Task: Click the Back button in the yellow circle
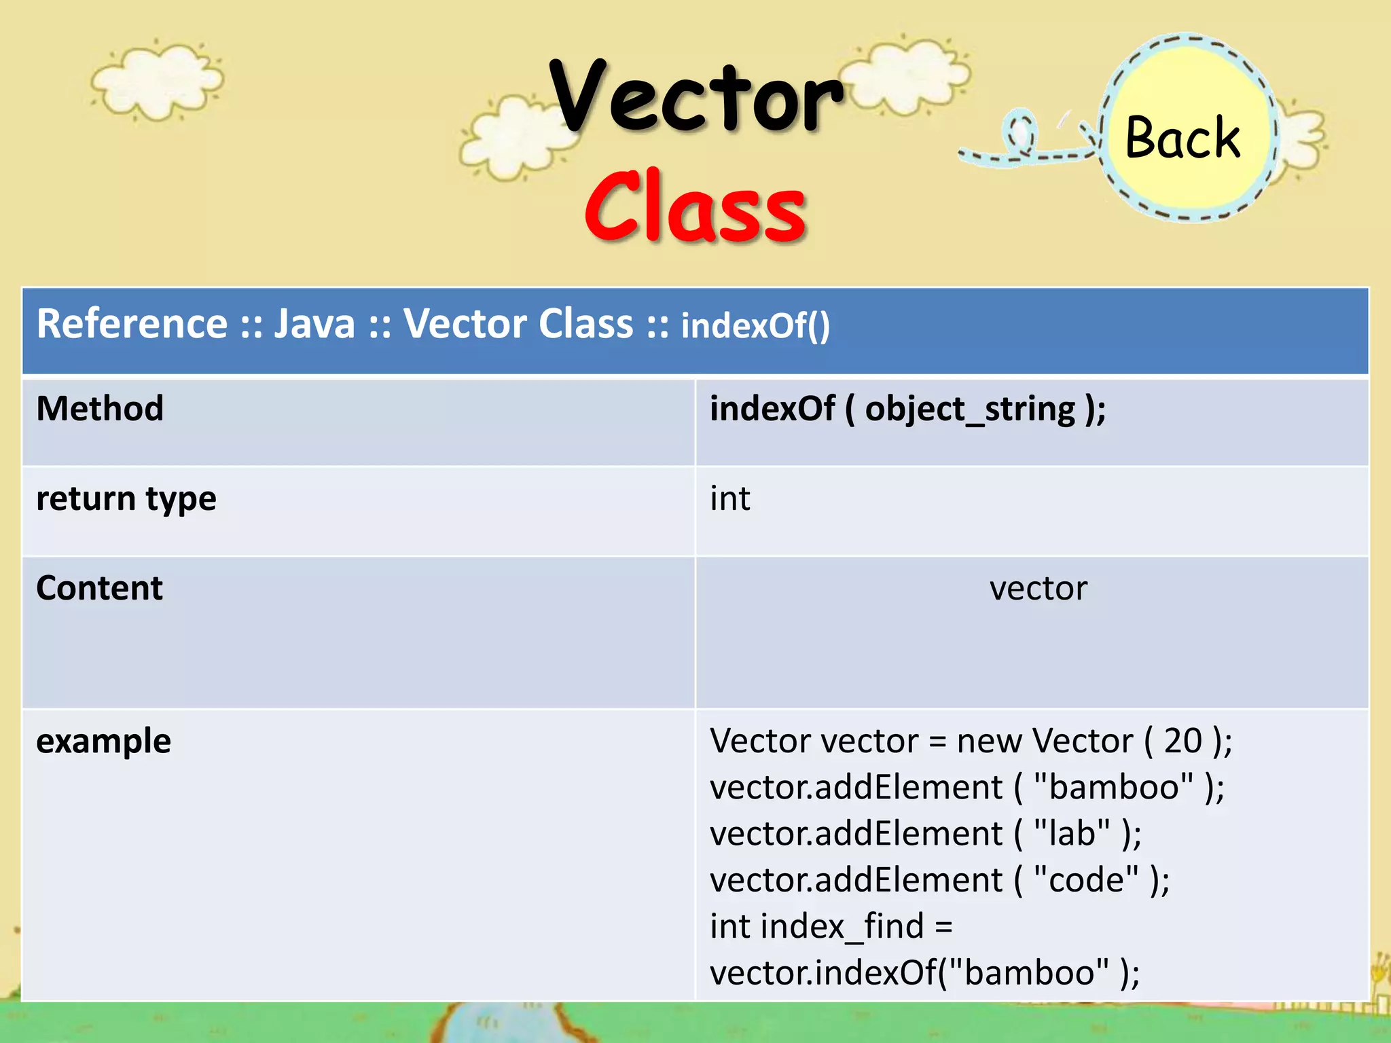[1182, 137]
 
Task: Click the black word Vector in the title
[695, 96]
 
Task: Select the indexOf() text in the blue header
[755, 325]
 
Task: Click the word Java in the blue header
[314, 323]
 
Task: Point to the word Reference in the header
[132, 323]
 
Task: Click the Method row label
[100, 409]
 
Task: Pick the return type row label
[126, 499]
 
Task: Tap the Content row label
[99, 588]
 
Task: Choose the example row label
[103, 741]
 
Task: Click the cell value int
[729, 499]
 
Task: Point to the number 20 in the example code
[1182, 741]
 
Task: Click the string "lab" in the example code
[1072, 833]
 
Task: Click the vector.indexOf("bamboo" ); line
[924, 972]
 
